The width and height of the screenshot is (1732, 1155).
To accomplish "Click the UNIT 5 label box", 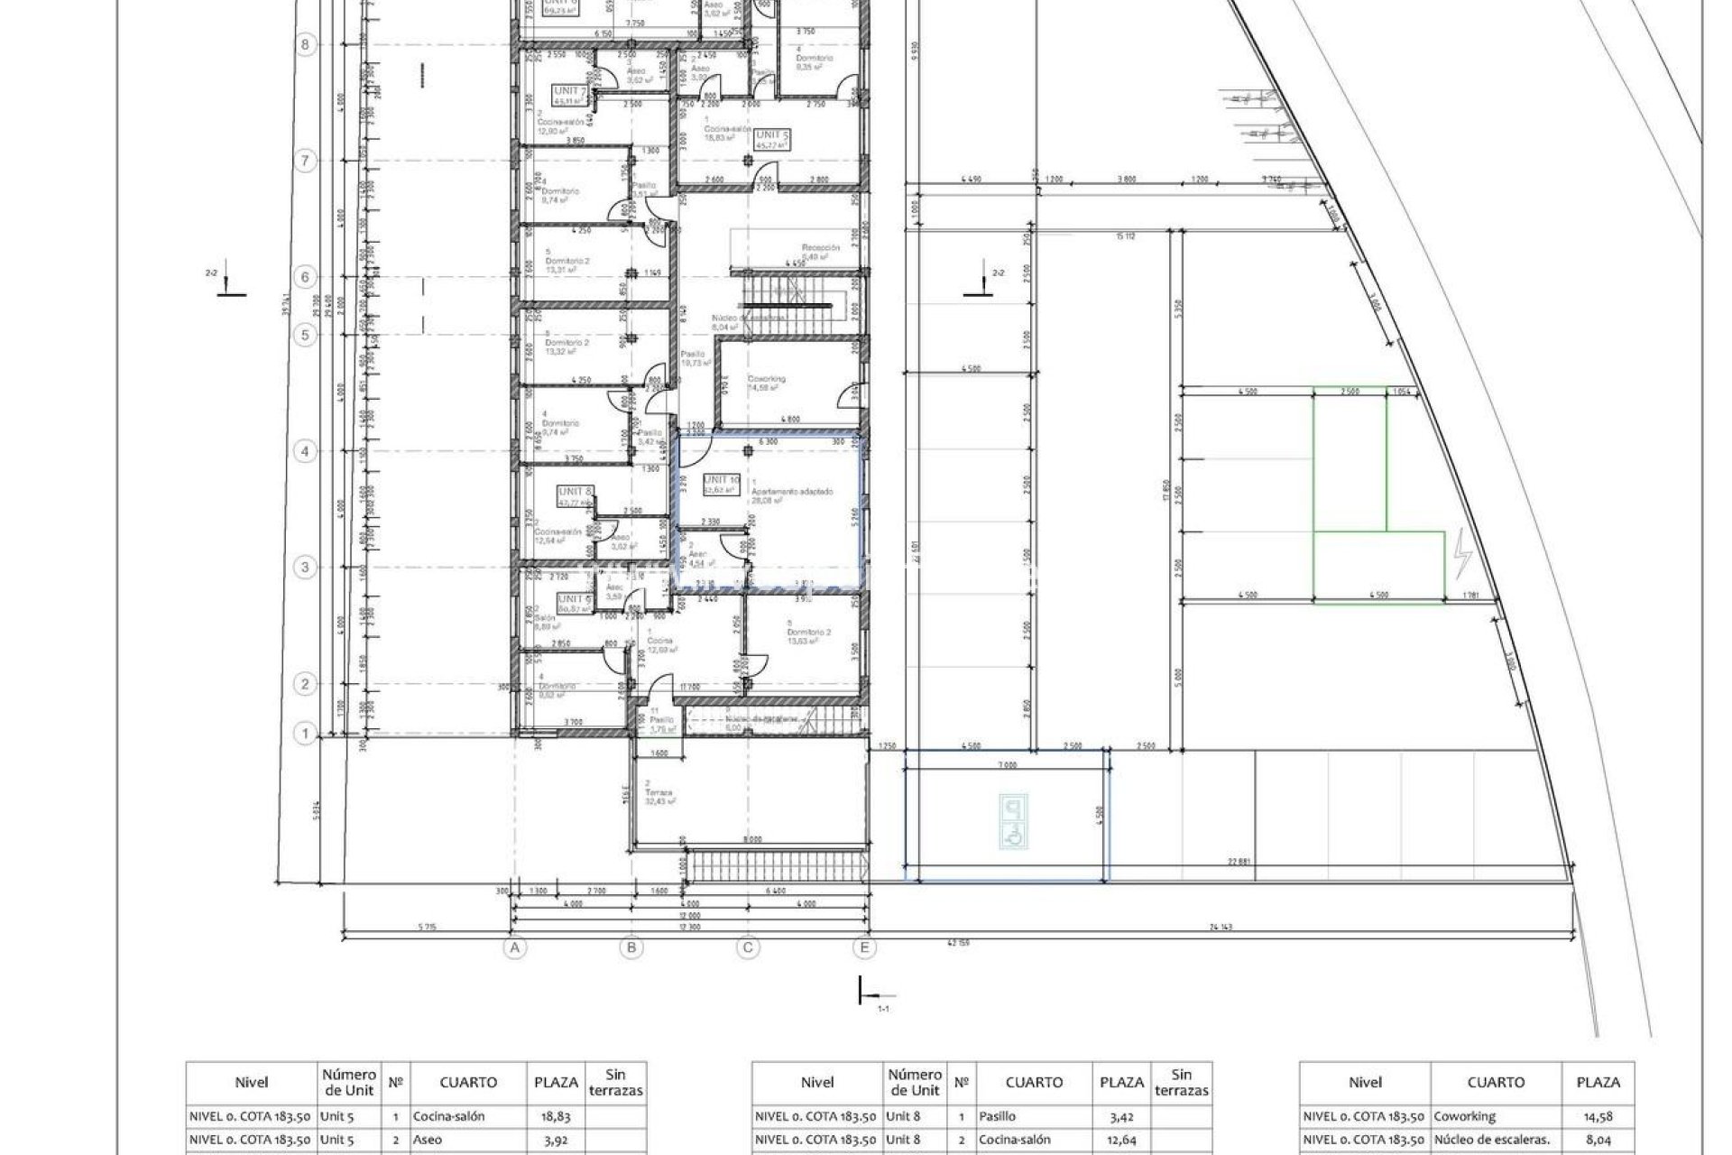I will [x=772, y=136].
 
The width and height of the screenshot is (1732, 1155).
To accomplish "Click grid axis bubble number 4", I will [x=305, y=451].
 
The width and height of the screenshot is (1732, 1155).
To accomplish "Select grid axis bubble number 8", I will [x=305, y=44].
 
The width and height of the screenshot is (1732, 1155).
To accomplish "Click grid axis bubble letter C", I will [x=747, y=947].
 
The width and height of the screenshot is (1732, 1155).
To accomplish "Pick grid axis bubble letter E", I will [x=864, y=947].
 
